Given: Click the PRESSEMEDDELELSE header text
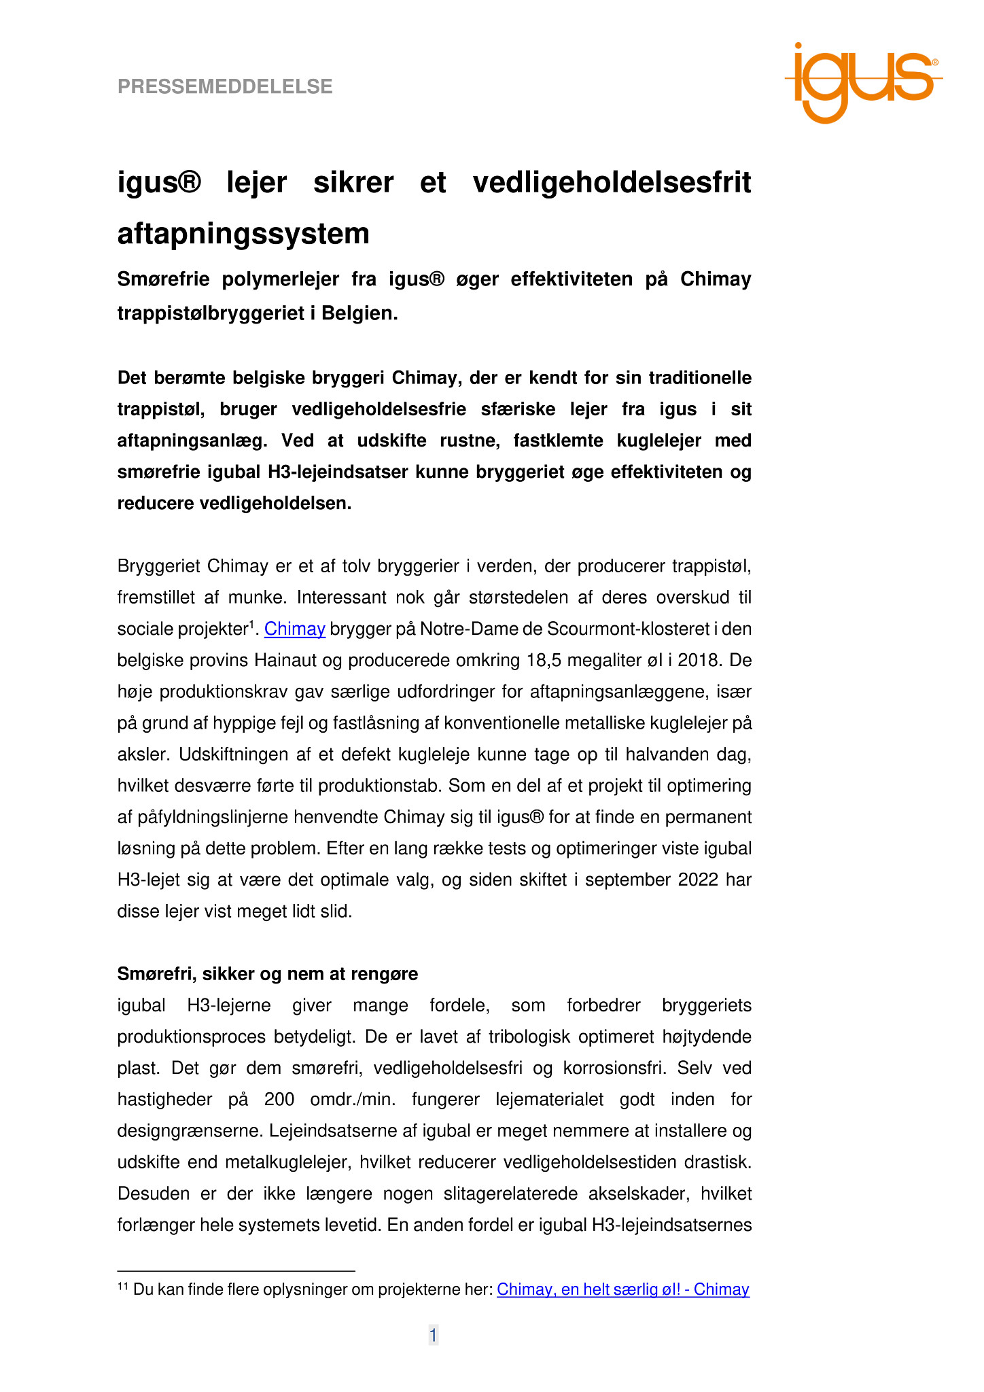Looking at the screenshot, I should [225, 87].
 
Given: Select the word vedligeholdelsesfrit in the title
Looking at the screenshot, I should [612, 183].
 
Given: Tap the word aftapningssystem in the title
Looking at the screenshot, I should [243, 234].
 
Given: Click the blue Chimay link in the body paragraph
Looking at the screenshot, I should [294, 629].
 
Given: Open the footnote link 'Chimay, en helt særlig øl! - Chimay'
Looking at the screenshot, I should [622, 1289].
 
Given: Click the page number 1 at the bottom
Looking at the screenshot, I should [433, 1336].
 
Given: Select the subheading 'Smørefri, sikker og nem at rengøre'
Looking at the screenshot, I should [267, 974].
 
